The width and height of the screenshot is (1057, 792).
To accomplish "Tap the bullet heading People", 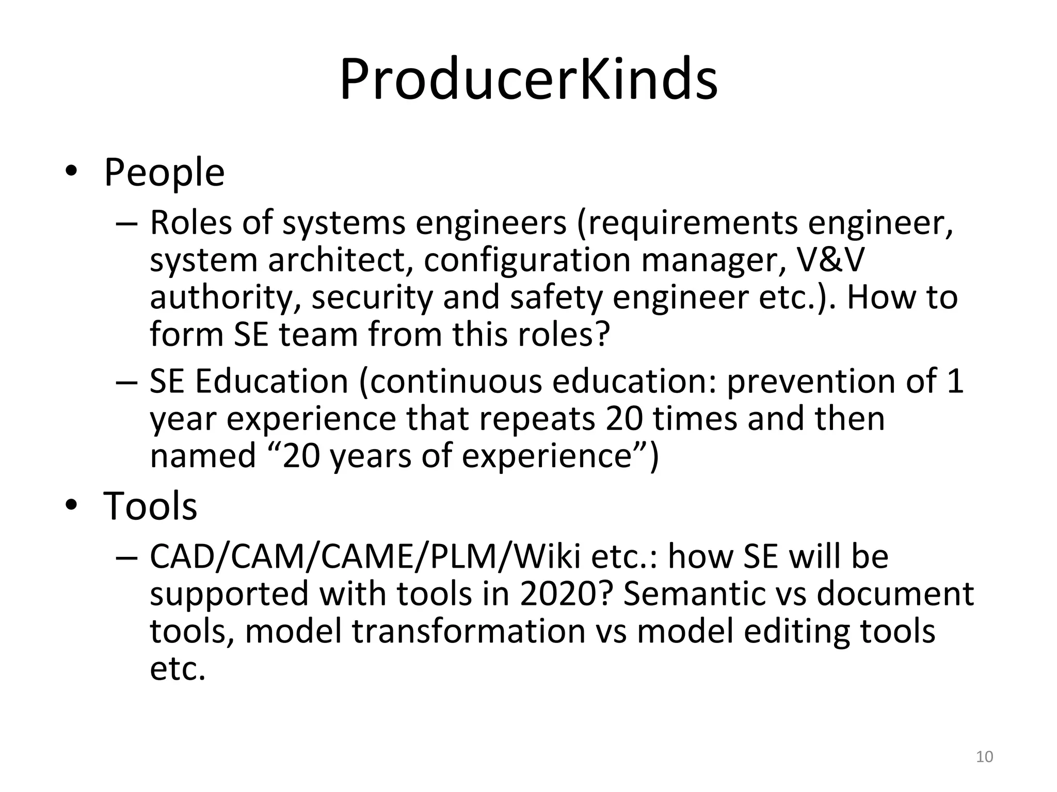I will pyautogui.click(x=164, y=172).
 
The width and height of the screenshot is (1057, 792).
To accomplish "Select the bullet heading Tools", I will pyautogui.click(x=150, y=506).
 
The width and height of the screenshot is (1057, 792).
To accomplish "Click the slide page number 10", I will pyautogui.click(x=985, y=756).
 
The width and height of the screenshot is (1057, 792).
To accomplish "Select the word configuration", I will pyautogui.click(x=527, y=260).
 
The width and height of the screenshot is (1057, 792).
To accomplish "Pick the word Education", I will pyautogui.click(x=271, y=382).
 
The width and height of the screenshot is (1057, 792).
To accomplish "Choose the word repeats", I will pyautogui.click(x=537, y=419).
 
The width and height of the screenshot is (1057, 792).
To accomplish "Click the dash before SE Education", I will pyautogui.click(x=127, y=383).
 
